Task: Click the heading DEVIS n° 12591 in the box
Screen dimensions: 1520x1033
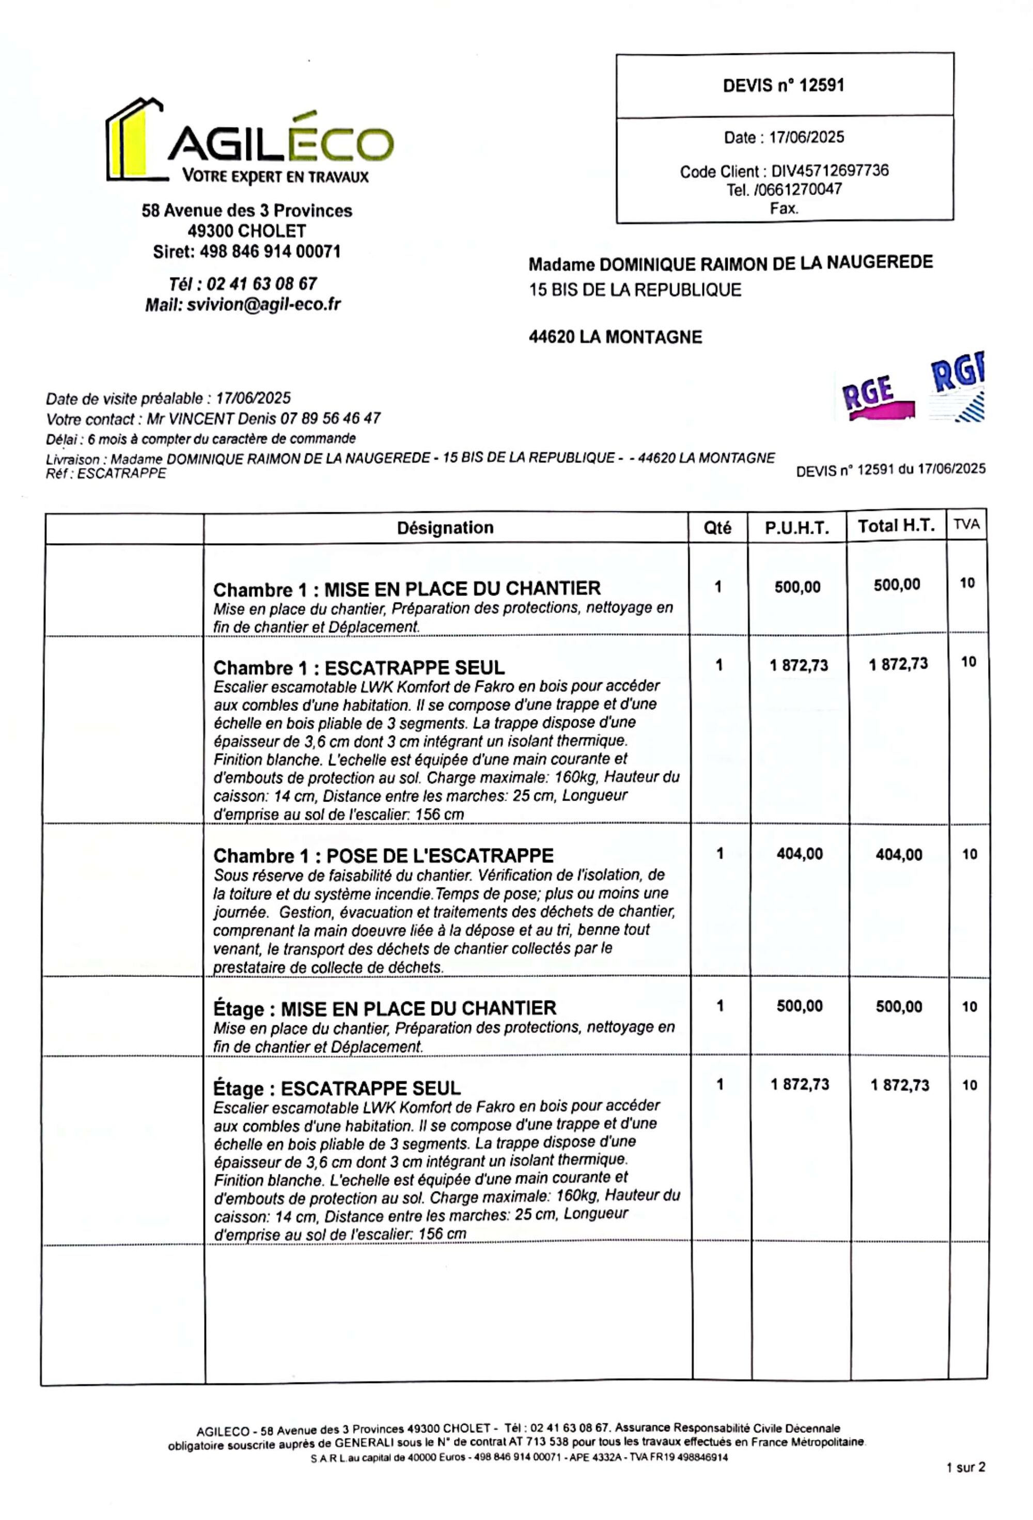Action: point(783,86)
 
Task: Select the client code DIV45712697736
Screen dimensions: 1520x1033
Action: point(829,171)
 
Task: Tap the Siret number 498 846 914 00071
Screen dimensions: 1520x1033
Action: point(270,252)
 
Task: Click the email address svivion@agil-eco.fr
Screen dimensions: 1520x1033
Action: point(263,304)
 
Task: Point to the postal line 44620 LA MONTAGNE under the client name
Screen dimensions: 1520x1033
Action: point(615,337)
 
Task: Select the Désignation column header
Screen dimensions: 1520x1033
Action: point(445,528)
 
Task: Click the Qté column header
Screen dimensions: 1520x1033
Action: point(717,528)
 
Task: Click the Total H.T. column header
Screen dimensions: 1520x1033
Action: point(896,526)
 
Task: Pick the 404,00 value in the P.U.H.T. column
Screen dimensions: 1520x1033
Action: point(800,854)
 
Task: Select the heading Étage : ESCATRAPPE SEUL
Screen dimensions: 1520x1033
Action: point(337,1088)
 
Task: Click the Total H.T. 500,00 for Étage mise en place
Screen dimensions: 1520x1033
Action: point(899,1007)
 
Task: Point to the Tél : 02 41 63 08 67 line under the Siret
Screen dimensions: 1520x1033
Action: point(243,284)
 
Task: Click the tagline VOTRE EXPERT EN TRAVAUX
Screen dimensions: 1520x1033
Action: point(275,177)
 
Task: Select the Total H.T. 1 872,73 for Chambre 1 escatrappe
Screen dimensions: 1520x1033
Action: point(898,665)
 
